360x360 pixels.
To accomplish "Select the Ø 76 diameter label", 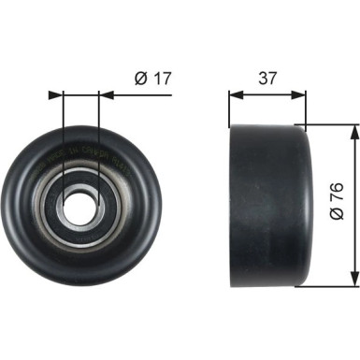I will tap(339, 200).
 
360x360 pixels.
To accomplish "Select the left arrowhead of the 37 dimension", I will tap(234, 94).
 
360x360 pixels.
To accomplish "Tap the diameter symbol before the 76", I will tap(339, 216).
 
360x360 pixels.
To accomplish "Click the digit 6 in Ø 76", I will tap(339, 186).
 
